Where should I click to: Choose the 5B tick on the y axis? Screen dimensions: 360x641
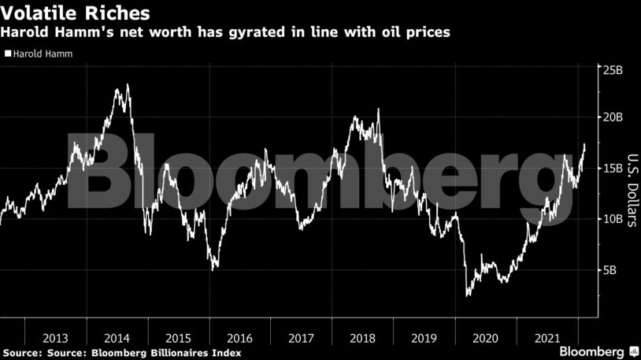click(610, 269)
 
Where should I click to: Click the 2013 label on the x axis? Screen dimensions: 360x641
click(56, 338)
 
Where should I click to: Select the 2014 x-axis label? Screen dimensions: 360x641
click(117, 338)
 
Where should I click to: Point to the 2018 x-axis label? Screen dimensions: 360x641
click(363, 338)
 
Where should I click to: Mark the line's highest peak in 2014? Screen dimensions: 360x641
click(128, 84)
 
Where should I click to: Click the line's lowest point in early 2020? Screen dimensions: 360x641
click(468, 296)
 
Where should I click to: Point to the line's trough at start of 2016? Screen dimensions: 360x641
click(213, 270)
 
